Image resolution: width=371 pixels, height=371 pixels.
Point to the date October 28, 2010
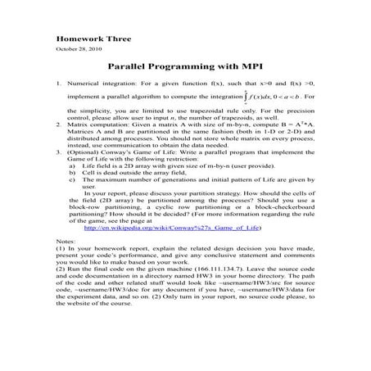pos(79,50)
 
